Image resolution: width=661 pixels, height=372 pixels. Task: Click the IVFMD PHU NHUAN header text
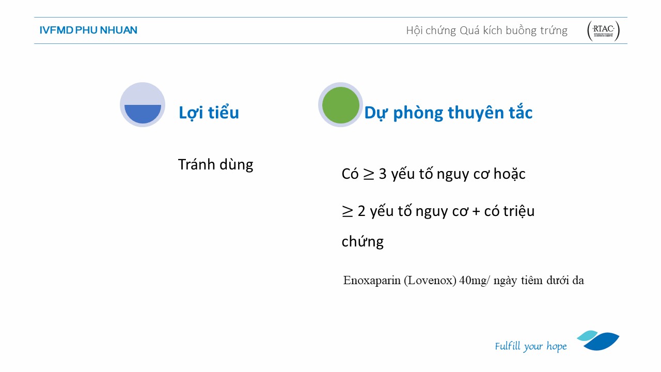click(x=88, y=30)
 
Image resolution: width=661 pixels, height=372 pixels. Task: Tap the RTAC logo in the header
click(x=603, y=30)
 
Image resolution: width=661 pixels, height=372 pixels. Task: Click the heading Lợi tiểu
click(x=209, y=113)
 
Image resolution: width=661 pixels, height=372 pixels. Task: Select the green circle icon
click(x=340, y=105)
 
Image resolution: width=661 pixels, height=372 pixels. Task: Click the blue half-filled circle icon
click(x=143, y=105)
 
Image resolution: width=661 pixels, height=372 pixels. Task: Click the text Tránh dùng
click(x=215, y=165)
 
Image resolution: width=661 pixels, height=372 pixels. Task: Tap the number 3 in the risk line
click(x=383, y=174)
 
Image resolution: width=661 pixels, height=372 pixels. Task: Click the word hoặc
click(x=509, y=174)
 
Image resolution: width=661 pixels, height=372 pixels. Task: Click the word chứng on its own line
click(x=363, y=241)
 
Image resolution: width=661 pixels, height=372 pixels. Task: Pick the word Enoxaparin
click(x=372, y=280)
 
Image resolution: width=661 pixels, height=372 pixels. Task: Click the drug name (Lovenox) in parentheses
click(x=430, y=280)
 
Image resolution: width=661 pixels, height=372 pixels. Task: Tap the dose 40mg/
click(x=474, y=280)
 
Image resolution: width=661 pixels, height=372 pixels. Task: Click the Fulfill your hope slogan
click(x=530, y=346)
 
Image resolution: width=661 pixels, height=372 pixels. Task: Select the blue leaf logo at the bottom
click(x=598, y=340)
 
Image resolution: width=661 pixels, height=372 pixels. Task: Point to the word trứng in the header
click(x=554, y=30)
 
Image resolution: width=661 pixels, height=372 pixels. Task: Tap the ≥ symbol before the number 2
click(x=348, y=212)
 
